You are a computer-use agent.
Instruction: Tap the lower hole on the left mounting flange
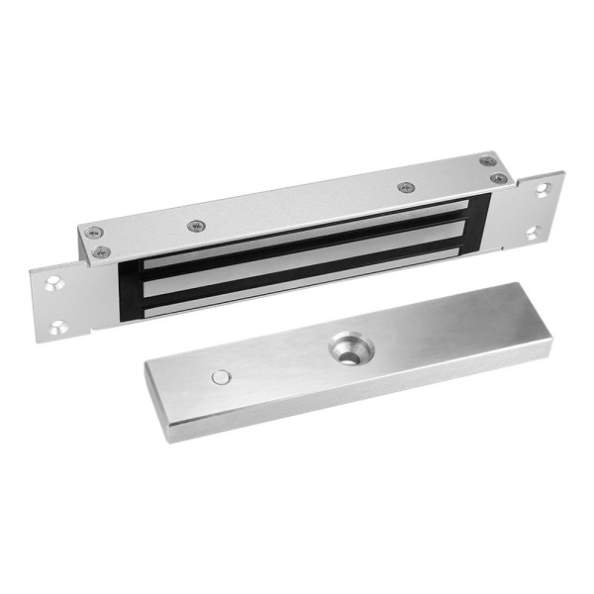(x=58, y=324)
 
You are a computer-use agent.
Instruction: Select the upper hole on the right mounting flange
(x=543, y=190)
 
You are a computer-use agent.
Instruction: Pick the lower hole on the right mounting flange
(x=532, y=233)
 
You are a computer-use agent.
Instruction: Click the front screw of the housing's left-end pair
(x=100, y=251)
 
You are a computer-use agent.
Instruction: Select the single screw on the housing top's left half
(x=196, y=226)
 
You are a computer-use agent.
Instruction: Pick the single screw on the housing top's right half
(x=404, y=187)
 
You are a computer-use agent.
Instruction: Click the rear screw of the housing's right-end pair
(x=487, y=161)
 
